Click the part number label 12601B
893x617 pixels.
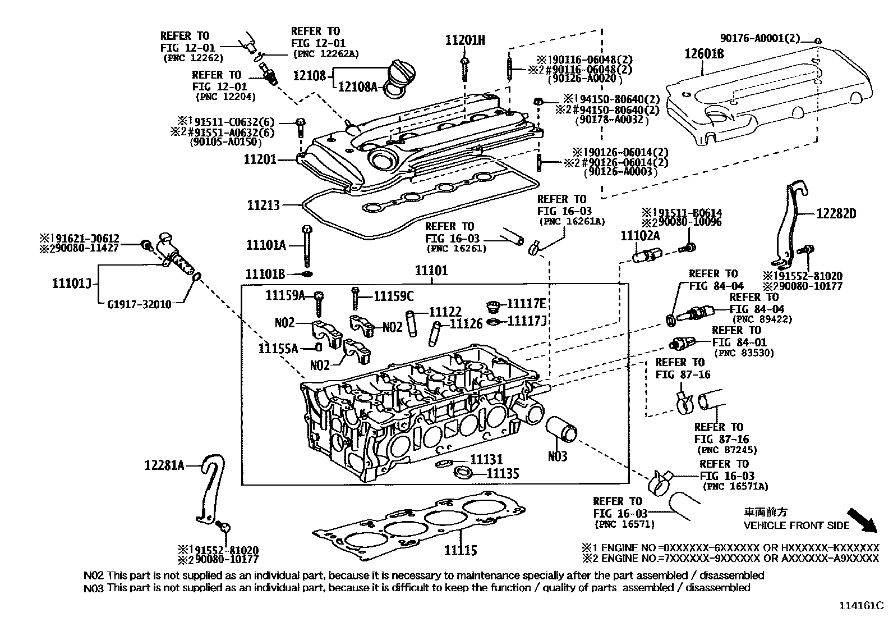click(703, 54)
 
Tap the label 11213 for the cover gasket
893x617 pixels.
click(263, 205)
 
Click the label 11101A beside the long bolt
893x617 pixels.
click(266, 245)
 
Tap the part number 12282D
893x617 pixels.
click(836, 214)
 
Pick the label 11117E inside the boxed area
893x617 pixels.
click(526, 304)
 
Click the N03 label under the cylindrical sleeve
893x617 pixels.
click(558, 456)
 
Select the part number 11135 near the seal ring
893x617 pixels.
click(503, 473)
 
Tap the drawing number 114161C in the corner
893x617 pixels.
click(861, 606)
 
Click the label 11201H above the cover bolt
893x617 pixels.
click(465, 40)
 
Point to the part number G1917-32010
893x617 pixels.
click(139, 304)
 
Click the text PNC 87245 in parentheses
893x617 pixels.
click(726, 450)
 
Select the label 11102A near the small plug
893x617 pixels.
click(639, 236)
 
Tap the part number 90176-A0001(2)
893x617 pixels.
click(760, 38)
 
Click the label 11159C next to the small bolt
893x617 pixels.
click(394, 295)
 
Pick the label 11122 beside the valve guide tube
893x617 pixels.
click(445, 312)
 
